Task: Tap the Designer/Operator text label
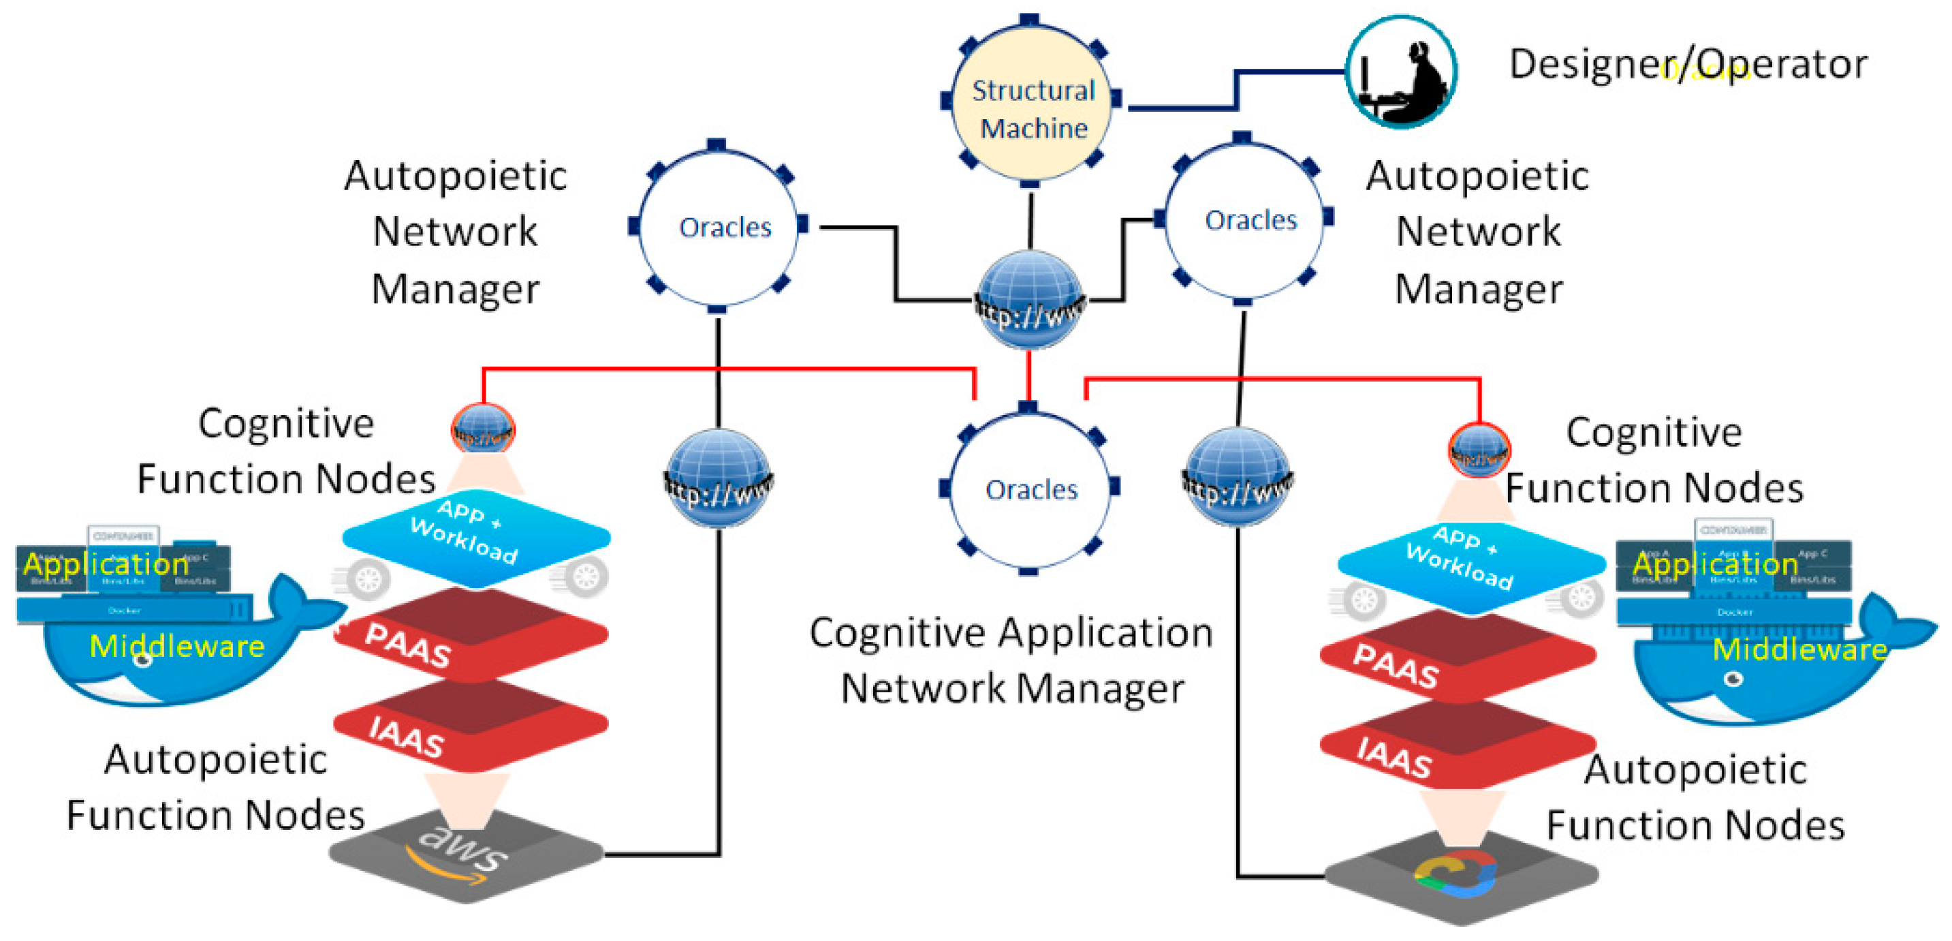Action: pyautogui.click(x=1688, y=65)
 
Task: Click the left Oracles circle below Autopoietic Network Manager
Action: pyautogui.click(x=719, y=226)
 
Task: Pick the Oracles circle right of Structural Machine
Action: pyautogui.click(x=1244, y=219)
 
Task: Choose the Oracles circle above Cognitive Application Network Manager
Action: pyautogui.click(x=1029, y=489)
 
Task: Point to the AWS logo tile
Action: pyautogui.click(x=465, y=854)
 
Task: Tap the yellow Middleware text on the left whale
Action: pyautogui.click(x=176, y=646)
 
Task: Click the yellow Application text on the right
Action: pyautogui.click(x=1714, y=564)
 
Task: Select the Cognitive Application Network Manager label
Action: pyautogui.click(x=1011, y=660)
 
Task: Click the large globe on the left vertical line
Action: pyautogui.click(x=719, y=478)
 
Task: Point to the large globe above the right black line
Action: pyautogui.click(x=1238, y=476)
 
